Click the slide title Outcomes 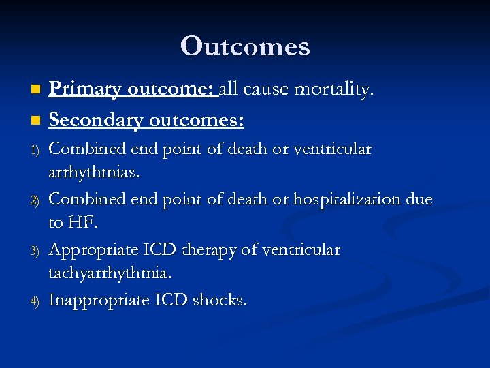245,46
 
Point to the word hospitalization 353,199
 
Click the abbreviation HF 86,224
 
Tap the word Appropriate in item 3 93,250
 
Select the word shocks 220,301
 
